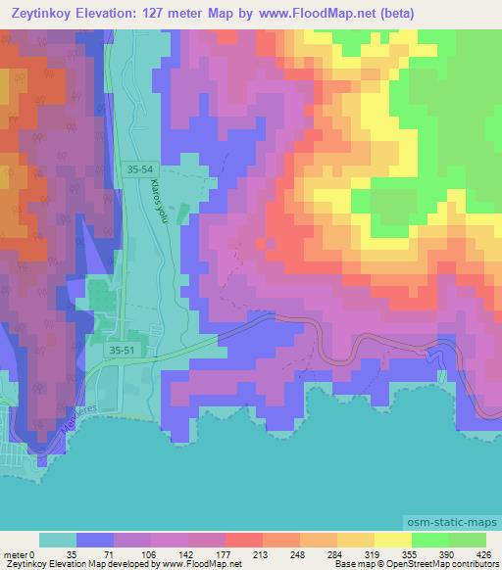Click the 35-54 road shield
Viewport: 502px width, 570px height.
[140, 169]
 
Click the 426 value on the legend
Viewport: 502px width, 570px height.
[484, 553]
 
